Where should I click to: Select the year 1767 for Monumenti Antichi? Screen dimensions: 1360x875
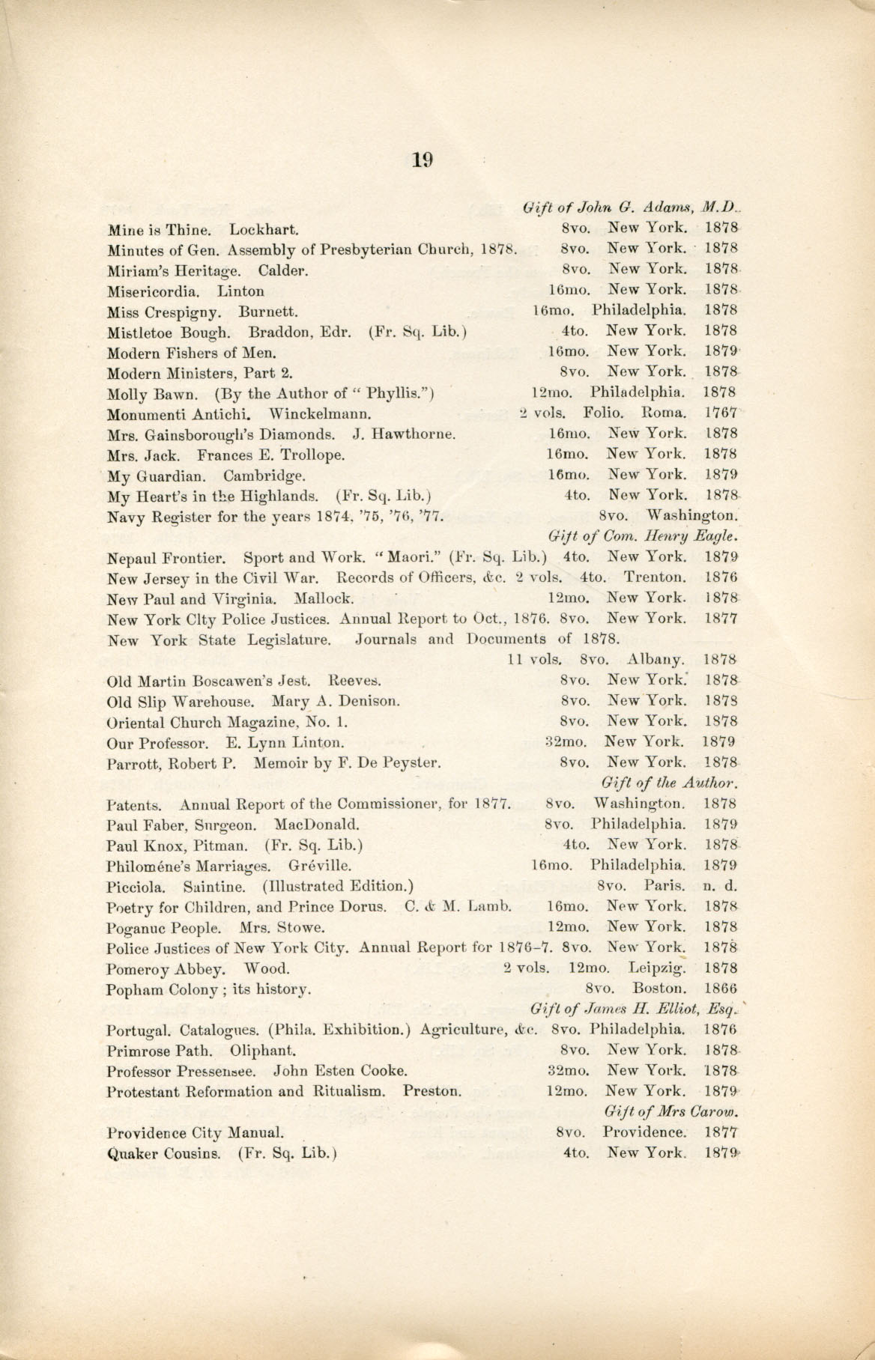(x=721, y=413)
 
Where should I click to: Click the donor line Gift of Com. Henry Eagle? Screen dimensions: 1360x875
(x=644, y=535)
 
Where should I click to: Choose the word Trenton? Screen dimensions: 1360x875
(x=655, y=577)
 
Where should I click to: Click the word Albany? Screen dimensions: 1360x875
(x=657, y=660)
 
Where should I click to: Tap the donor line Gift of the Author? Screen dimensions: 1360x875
(x=670, y=783)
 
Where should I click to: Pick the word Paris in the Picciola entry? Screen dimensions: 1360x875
(x=666, y=885)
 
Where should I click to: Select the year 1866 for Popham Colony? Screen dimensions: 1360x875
(x=721, y=989)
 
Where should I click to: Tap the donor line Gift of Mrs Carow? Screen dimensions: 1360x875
(x=670, y=1111)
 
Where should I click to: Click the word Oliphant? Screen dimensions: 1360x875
(x=262, y=1050)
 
